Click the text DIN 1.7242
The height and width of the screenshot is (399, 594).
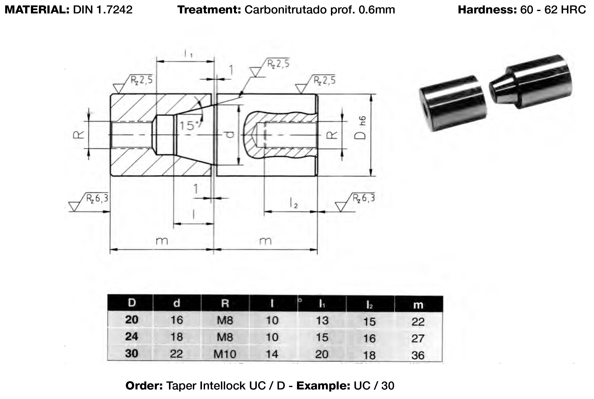point(103,10)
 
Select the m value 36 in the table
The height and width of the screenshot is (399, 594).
point(418,355)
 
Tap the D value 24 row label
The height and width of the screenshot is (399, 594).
point(132,337)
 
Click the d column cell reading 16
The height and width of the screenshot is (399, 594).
point(176,320)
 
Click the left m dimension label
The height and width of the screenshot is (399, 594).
point(162,241)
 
